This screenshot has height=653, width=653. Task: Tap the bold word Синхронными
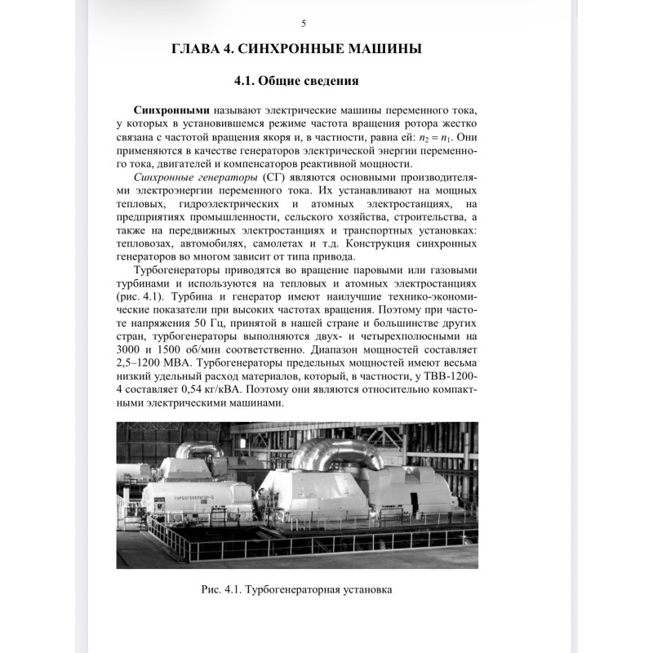tap(171, 110)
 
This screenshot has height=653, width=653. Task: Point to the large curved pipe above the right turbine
tap(335, 447)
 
